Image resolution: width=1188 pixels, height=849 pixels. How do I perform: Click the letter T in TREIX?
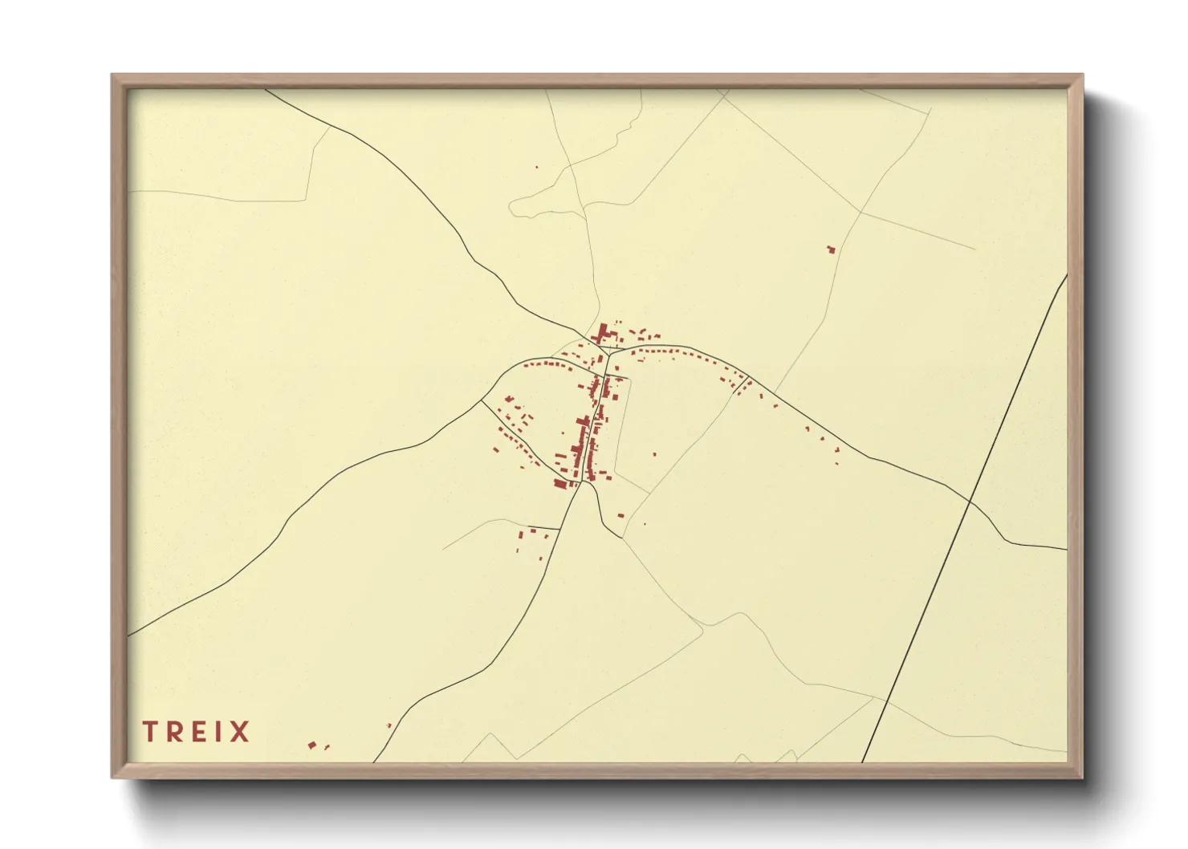point(149,732)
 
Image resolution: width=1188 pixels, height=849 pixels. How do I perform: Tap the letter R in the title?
point(175,732)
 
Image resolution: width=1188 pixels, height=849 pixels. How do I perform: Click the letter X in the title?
point(238,732)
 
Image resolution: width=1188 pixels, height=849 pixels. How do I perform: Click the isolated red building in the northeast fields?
point(831,250)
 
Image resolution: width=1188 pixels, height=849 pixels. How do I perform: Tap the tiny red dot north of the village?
point(537,167)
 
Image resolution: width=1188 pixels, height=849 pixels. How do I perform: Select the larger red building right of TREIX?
point(312,745)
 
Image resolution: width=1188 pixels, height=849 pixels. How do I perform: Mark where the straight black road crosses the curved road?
point(970,502)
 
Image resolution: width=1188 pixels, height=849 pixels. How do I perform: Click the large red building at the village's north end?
point(600,333)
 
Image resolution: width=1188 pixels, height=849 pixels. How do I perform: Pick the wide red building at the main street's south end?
point(560,482)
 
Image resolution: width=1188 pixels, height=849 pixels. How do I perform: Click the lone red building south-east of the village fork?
point(620,515)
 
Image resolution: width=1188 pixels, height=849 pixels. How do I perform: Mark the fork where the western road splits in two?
point(482,400)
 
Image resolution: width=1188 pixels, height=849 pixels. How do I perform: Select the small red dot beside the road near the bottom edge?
point(389,725)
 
